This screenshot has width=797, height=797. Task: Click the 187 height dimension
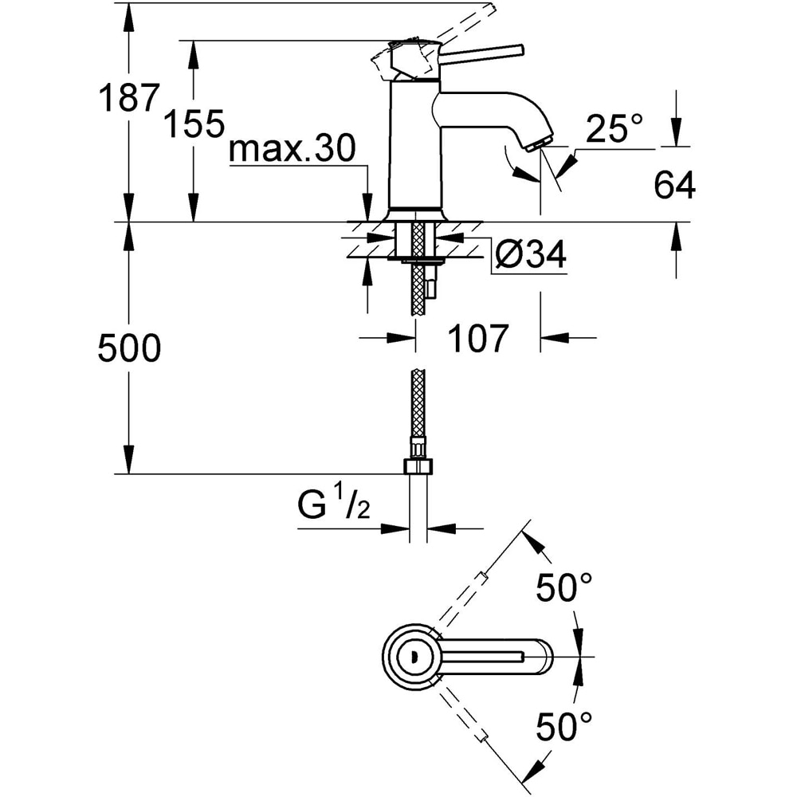coord(125,98)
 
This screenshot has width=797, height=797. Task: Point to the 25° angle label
coord(614,128)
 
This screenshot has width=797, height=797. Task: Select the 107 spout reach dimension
coord(477,339)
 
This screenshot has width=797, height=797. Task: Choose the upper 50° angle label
coord(564,588)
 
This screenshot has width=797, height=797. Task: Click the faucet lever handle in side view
coord(482,53)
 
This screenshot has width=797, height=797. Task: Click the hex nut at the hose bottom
coord(418,465)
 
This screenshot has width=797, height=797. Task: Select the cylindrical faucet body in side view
coord(414,143)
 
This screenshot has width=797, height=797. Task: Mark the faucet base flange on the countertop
coord(414,214)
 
